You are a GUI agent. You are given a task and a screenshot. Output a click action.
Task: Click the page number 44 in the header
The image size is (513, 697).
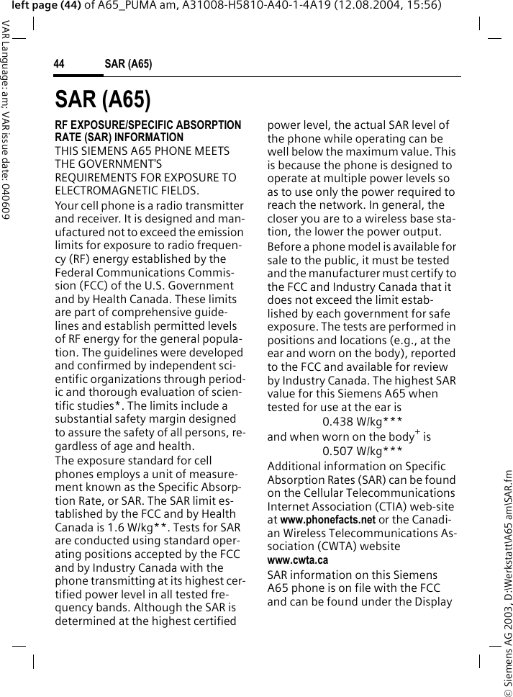tap(59, 64)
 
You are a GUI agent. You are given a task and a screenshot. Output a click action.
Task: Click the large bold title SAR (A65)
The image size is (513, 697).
tap(102, 100)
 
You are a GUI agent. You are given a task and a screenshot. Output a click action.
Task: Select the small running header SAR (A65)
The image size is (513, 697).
tap(128, 64)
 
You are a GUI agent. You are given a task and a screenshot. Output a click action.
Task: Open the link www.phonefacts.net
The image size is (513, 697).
tap(327, 520)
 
